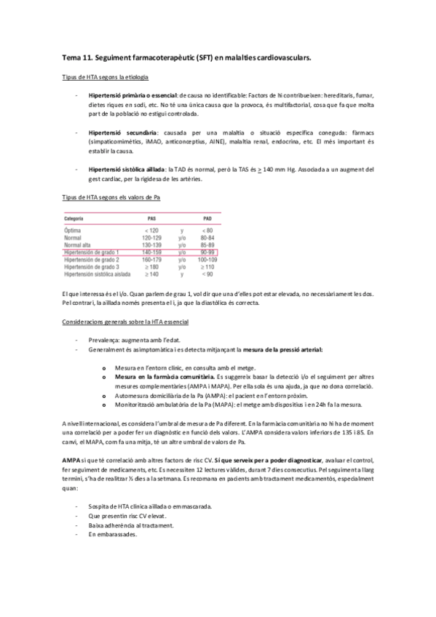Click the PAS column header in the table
point(151,218)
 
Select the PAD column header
point(207,218)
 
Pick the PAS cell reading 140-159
point(151,252)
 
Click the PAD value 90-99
point(207,252)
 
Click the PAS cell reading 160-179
point(151,259)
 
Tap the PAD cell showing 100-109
point(207,259)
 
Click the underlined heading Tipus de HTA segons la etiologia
point(105,77)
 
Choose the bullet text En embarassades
point(114,536)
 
